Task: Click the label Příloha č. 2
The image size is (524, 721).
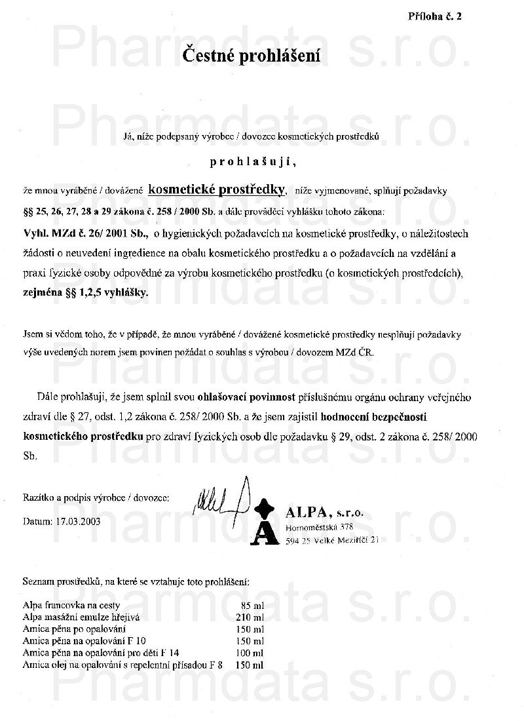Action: pos(436,17)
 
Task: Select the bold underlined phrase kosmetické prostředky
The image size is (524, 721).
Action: pos(217,189)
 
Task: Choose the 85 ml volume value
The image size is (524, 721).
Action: pos(253,605)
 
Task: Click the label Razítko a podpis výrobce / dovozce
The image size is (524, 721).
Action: pos(96,498)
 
